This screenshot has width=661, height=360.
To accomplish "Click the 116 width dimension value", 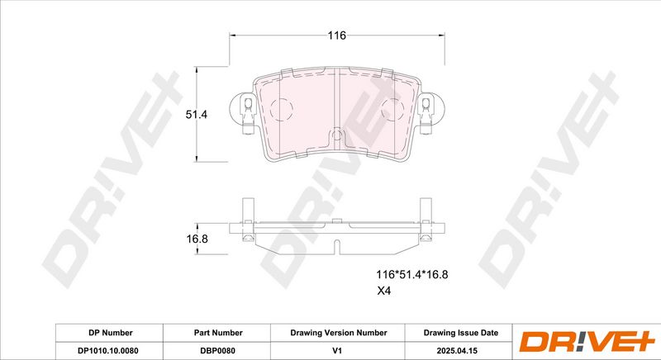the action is point(337,36).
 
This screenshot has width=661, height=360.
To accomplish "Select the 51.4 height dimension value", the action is point(197,114).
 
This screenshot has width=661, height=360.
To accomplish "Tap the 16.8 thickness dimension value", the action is point(197,239).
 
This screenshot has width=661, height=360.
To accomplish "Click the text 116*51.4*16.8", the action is point(411,274).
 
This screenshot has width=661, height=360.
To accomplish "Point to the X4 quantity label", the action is point(383,291).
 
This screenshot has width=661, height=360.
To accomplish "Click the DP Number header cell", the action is point(111,333).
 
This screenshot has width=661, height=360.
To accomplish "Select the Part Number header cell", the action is point(218,333).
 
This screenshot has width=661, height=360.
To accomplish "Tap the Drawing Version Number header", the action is point(339,333).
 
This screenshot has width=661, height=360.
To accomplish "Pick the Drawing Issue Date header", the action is point(461,333).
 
